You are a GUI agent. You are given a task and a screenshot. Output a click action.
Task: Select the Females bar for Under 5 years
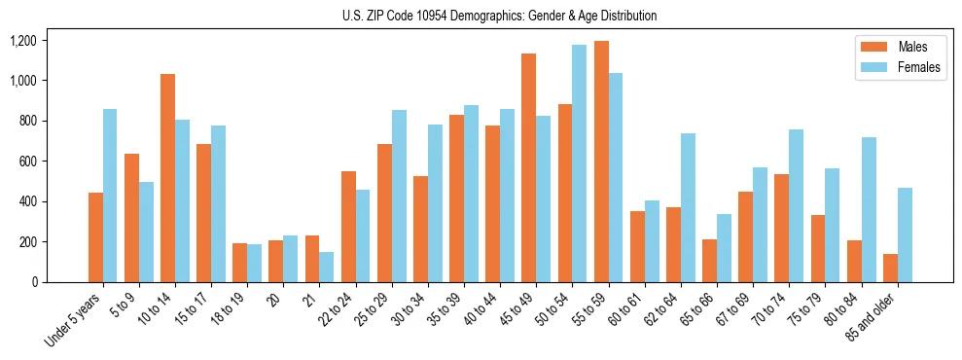110,196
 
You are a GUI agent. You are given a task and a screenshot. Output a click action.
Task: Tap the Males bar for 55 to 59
601,162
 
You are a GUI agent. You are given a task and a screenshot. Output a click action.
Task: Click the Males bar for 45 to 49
529,167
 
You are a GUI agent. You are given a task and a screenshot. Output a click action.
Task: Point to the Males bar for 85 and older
890,268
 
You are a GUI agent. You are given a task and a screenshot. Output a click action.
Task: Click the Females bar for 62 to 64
688,207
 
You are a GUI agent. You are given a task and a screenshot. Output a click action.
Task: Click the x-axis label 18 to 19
228,305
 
